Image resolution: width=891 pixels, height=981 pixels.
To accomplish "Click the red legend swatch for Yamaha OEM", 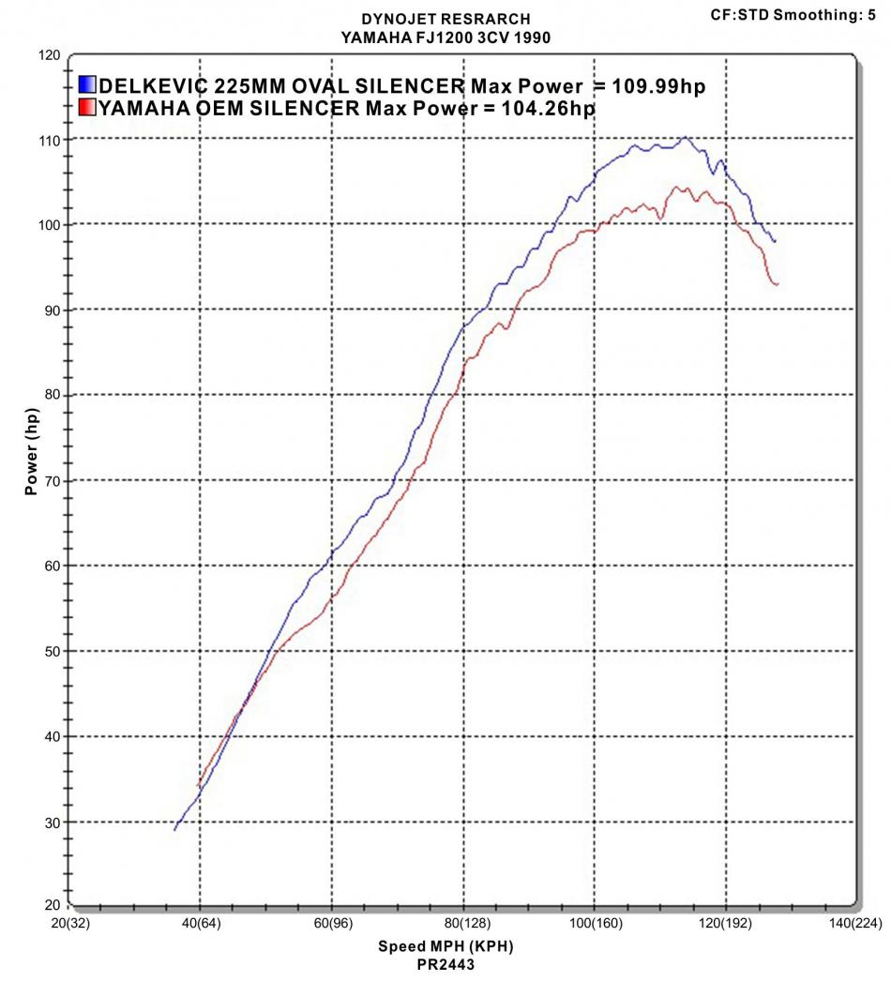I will [87, 108].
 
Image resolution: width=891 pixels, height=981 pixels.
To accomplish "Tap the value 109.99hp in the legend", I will [658, 86].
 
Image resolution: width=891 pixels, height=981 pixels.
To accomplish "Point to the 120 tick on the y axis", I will [50, 55].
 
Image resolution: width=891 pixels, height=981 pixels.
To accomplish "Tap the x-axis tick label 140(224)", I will [853, 924].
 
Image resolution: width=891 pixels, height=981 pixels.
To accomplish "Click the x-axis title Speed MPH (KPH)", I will [445, 945].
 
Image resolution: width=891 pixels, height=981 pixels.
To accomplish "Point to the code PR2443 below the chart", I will [445, 962].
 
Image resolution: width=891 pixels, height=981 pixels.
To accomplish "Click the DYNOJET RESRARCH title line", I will [445, 18].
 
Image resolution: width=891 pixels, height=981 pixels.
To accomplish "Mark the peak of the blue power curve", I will [686, 138].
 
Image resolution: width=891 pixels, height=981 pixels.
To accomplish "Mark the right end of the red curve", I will [778, 283].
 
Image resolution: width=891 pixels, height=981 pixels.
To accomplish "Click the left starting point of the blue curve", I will [174, 830].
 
